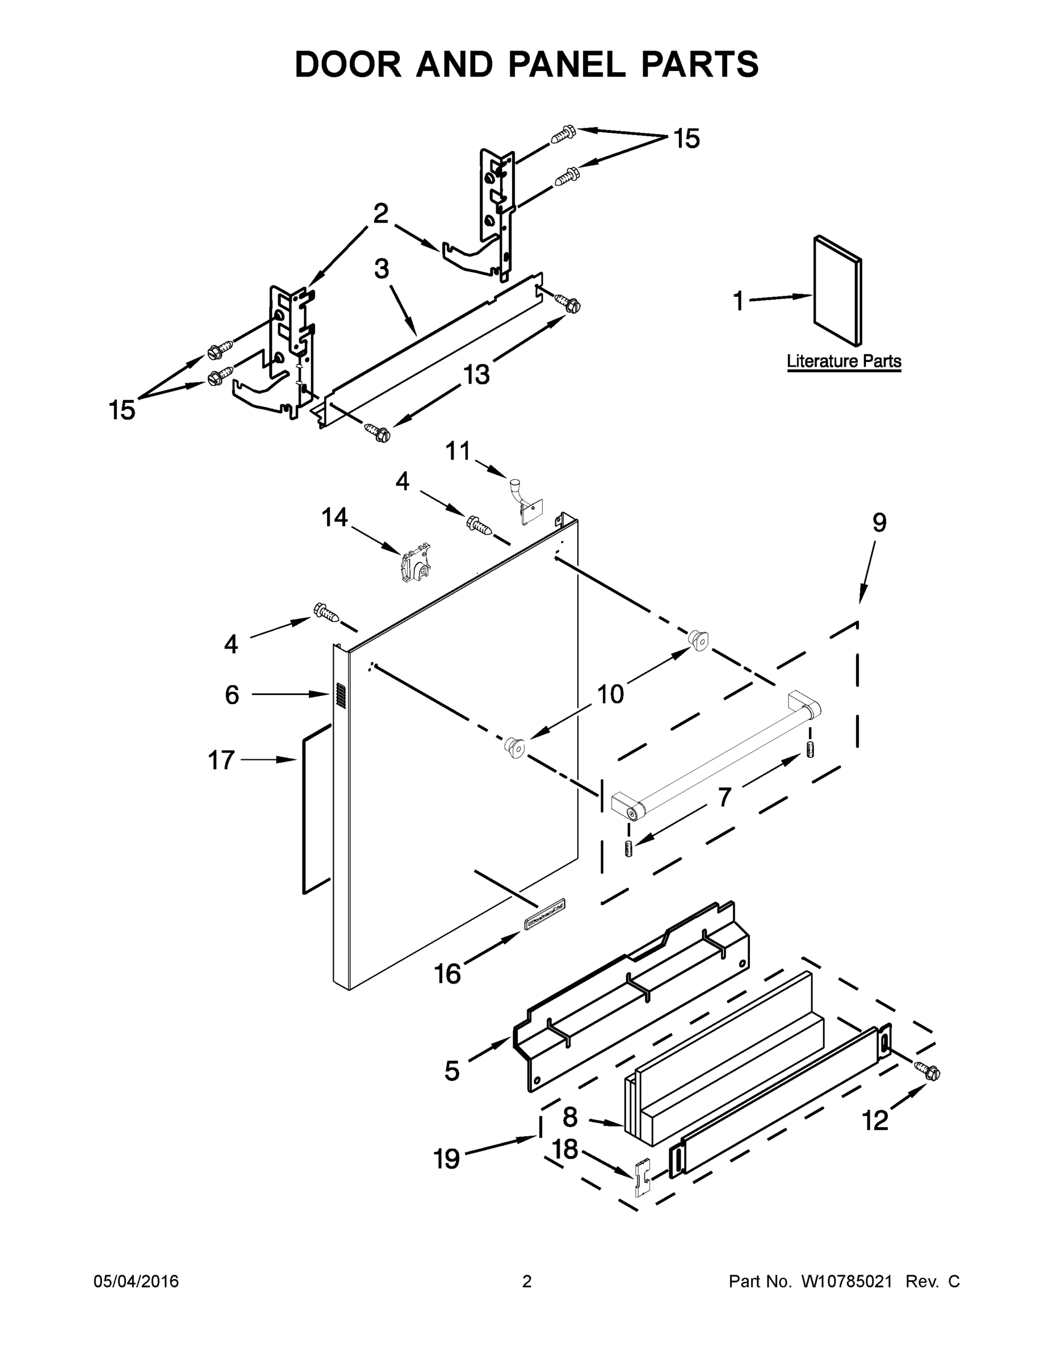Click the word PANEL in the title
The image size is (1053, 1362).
pos(567,64)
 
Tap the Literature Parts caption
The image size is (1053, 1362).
pos(844,361)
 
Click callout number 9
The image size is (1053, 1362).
pos(879,523)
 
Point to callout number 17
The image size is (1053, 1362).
pos(221,760)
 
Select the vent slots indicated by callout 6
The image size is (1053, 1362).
pos(340,695)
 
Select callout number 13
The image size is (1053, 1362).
pos(476,375)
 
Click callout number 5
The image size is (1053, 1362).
pos(452,1071)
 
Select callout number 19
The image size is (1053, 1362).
pos(447,1159)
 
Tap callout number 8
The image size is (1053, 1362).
pos(570,1117)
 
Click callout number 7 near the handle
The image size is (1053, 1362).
pos(724,797)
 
